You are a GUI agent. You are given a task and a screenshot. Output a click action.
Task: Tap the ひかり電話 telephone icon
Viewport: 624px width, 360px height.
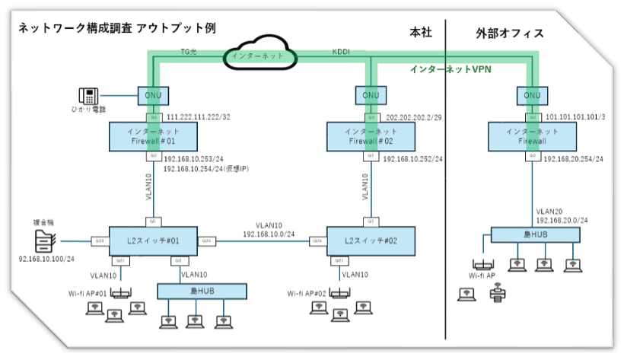point(88,96)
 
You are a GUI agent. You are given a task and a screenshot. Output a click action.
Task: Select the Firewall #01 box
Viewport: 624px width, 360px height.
point(154,136)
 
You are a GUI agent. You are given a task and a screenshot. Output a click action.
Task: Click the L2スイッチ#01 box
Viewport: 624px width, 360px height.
point(154,241)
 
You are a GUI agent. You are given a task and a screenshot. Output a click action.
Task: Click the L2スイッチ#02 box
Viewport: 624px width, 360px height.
point(371,241)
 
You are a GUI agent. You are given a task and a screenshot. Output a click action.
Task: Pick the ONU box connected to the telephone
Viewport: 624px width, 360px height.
point(154,96)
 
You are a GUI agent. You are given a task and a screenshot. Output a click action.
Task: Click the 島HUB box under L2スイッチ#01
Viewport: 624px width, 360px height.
point(202,292)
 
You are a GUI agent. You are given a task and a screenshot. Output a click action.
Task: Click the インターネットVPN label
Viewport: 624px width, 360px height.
point(450,68)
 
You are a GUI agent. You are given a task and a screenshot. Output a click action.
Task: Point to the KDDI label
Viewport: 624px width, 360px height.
point(342,52)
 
